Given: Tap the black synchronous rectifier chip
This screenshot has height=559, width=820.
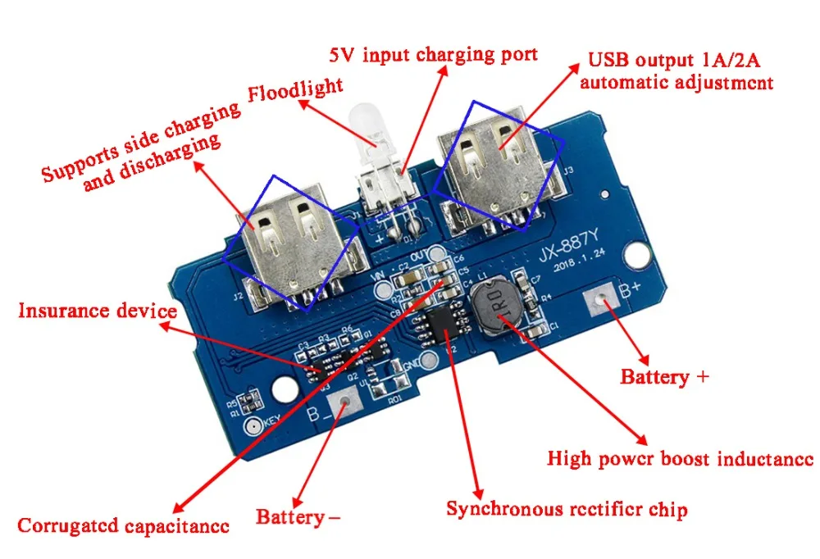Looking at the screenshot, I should click(x=440, y=327).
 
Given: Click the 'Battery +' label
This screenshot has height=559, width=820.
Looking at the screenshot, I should click(x=664, y=378).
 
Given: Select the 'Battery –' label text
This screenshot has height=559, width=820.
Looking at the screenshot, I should click(x=298, y=517).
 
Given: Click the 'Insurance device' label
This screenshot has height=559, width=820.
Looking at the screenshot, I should click(x=98, y=311).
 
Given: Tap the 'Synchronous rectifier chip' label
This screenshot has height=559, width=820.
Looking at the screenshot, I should click(x=567, y=509).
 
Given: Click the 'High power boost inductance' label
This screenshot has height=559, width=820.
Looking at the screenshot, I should click(x=680, y=458).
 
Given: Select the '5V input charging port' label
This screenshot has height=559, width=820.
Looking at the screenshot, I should click(x=434, y=56).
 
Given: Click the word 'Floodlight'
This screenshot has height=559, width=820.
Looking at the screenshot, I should click(x=296, y=89).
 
